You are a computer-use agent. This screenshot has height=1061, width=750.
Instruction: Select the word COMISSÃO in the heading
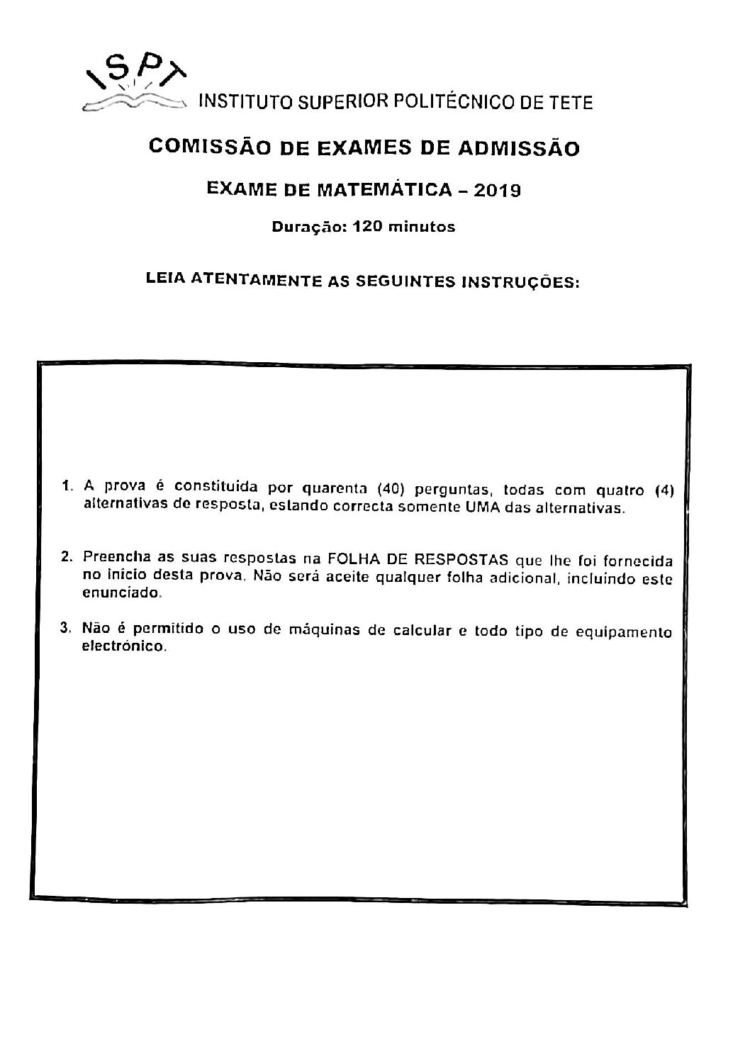point(197,148)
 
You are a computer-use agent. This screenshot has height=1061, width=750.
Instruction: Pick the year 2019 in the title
point(496,189)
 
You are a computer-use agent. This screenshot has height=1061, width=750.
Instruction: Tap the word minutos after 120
point(419,228)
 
